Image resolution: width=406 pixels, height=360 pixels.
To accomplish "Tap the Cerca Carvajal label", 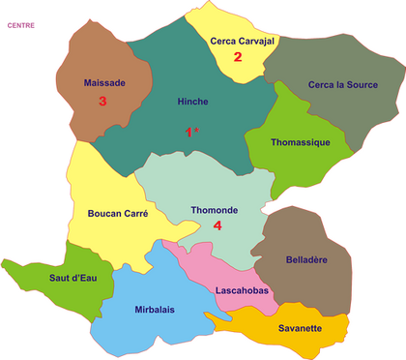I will point(242,41).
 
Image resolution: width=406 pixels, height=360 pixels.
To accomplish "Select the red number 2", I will point(238,56).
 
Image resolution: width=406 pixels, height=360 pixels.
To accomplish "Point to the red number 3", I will point(101,100).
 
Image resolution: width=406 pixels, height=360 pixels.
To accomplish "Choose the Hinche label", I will point(193,101).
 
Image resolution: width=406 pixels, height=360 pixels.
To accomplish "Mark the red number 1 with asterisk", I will point(192,131).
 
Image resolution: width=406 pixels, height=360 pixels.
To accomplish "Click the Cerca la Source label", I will point(343,85).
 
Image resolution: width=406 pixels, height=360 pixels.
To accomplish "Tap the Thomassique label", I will point(301,142).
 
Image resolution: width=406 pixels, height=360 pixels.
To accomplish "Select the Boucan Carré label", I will point(117,214).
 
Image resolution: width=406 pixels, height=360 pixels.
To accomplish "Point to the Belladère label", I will point(307,259).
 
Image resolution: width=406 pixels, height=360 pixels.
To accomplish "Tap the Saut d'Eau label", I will point(46,279).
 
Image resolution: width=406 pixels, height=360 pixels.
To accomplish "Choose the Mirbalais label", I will point(155,310).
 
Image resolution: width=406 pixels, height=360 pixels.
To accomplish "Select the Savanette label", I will point(300,328).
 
